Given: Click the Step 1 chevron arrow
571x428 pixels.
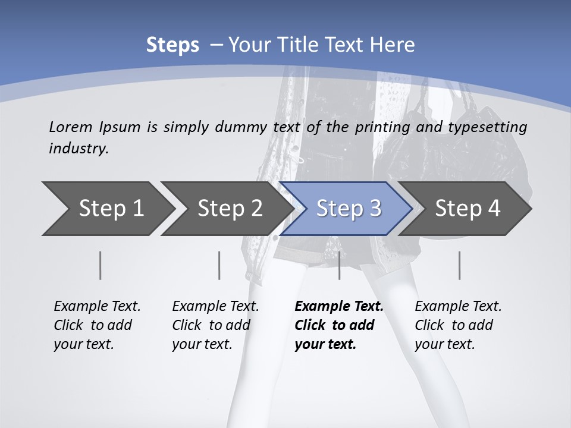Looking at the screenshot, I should point(107,208).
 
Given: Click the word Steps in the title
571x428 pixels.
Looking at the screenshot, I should point(172,45).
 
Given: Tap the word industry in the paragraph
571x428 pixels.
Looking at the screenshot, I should point(79,148).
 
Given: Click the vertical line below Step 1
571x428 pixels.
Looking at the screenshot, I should point(100,265).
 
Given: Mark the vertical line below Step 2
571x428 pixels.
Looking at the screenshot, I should point(219,265).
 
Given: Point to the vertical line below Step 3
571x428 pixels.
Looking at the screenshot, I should point(339,265).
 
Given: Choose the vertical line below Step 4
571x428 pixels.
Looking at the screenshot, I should point(459,265).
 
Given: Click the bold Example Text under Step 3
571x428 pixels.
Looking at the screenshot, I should point(339,307).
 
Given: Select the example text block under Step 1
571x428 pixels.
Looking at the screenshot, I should point(97,325).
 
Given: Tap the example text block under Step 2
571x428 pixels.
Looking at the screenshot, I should point(215,325).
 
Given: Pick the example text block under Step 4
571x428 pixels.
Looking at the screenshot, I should point(458,325).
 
